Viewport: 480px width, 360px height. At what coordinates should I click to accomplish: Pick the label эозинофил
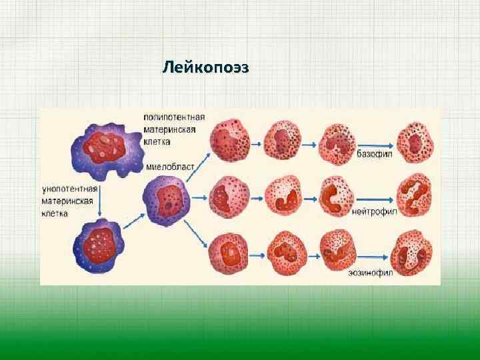(x=368, y=272)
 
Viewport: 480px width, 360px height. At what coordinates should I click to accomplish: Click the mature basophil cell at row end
(x=416, y=142)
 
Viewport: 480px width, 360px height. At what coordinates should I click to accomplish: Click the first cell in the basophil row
(x=229, y=141)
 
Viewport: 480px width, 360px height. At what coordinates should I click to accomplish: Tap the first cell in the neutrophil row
(x=229, y=198)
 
